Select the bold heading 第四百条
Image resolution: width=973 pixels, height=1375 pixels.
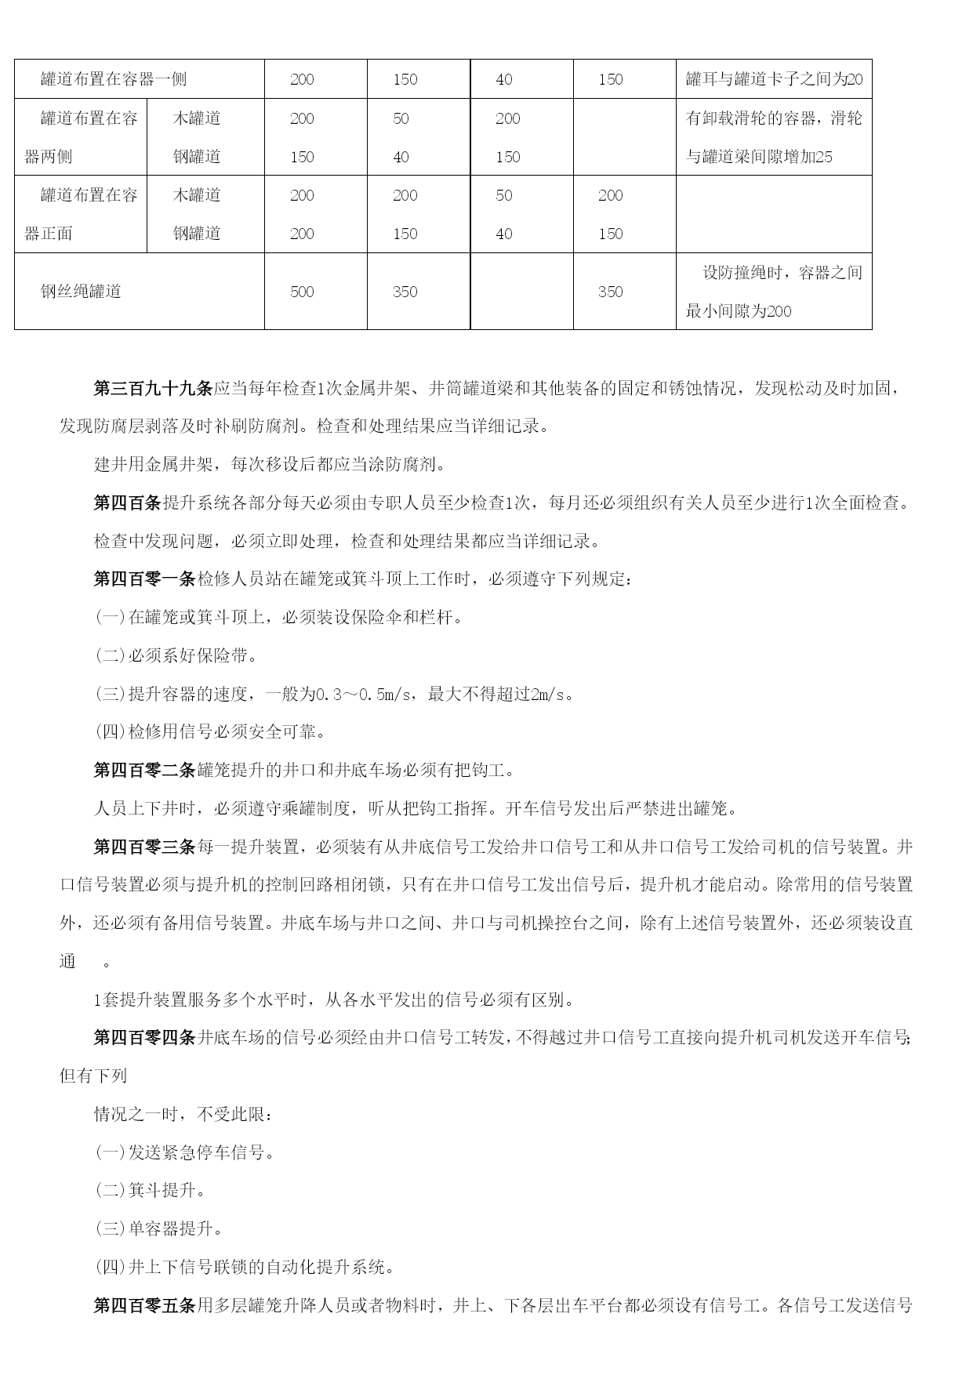point(127,503)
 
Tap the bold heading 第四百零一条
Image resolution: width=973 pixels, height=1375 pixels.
point(144,579)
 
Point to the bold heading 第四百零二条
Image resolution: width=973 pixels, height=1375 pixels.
point(144,771)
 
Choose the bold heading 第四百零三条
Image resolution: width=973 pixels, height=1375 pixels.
point(144,847)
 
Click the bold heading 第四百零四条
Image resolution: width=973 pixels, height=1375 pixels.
point(144,1039)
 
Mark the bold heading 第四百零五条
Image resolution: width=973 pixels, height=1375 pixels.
point(144,1306)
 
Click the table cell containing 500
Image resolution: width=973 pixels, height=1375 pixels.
point(302,292)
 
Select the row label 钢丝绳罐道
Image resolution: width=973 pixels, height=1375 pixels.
point(81,292)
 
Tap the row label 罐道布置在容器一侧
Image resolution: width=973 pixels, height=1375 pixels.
point(114,79)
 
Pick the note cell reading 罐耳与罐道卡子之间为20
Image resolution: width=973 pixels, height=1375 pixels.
point(774,79)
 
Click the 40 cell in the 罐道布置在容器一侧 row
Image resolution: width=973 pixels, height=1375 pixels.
point(504,79)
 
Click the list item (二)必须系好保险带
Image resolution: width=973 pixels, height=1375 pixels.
point(177,656)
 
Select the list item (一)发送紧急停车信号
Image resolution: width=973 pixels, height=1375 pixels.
point(186,1153)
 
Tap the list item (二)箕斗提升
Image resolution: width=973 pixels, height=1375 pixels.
point(151,1191)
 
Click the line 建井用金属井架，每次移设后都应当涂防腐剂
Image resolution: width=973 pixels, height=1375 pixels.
point(270,465)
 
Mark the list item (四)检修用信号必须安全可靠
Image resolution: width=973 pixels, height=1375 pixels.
point(211,732)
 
